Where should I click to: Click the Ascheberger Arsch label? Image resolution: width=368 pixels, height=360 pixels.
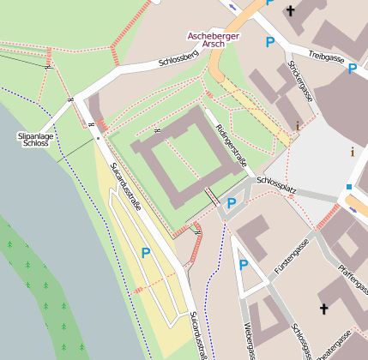click(x=214, y=41)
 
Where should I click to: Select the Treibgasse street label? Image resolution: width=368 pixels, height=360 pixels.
click(x=327, y=57)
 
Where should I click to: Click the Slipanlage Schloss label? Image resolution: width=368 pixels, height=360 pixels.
click(x=35, y=140)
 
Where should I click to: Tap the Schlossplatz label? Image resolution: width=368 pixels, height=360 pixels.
click(x=276, y=183)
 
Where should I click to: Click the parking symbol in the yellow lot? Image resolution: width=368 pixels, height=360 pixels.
click(x=145, y=253)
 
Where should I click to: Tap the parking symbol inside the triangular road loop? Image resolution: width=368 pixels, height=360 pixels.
click(x=244, y=265)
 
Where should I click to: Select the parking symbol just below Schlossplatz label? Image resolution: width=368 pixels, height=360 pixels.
click(x=231, y=203)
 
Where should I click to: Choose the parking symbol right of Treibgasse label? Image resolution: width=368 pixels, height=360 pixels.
click(x=352, y=69)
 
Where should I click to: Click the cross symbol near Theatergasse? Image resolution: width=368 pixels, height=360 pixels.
click(x=324, y=309)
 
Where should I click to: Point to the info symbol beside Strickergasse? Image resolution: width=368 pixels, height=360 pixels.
click(x=298, y=126)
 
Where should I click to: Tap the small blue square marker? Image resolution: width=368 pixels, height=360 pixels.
click(x=349, y=187)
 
